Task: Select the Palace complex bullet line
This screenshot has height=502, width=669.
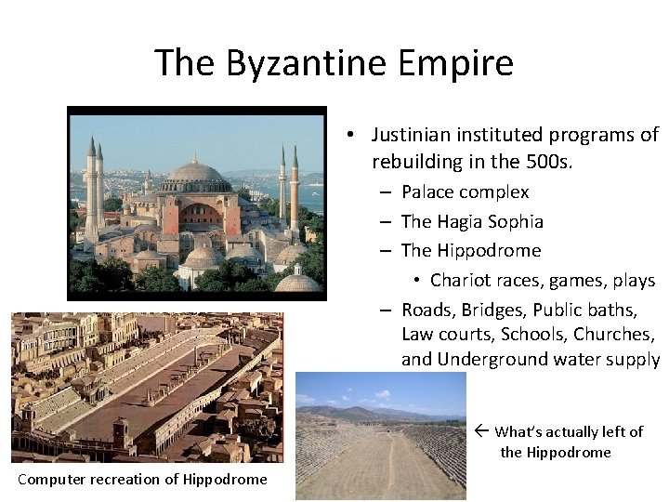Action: [465, 192]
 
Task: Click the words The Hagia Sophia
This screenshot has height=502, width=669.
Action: [472, 221]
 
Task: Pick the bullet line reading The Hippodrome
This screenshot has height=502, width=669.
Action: [470, 251]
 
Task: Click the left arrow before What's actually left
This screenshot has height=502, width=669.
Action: [480, 431]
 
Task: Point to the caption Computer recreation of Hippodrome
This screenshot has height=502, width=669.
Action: [142, 480]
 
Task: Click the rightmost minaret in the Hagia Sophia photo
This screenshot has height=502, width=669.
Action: [295, 186]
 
